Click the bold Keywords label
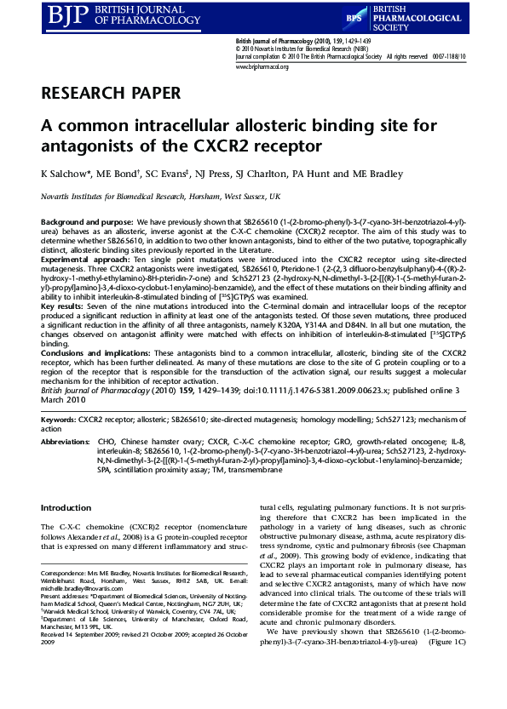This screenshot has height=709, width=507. click(x=59, y=420)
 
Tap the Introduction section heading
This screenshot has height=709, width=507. click(x=66, y=508)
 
